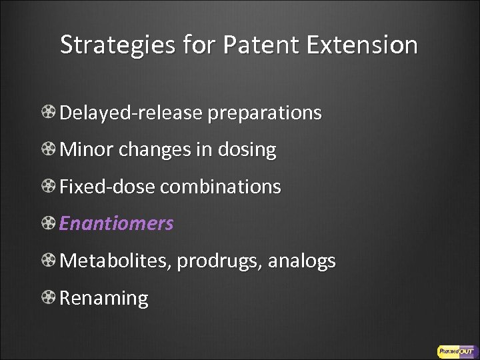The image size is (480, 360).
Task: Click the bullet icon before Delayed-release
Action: point(49,113)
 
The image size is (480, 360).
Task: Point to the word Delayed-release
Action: point(131,113)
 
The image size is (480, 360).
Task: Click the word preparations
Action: point(265,113)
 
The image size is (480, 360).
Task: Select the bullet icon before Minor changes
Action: point(49,150)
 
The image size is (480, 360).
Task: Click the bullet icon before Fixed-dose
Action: point(49,187)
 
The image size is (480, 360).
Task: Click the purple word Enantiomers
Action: point(117,223)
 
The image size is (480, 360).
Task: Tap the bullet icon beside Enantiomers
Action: point(49,224)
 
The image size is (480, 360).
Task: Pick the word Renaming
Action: point(104,298)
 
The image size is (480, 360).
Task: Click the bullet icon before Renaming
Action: point(49,298)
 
